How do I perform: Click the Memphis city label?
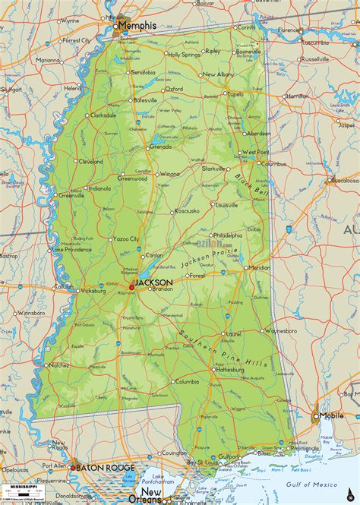(x=138, y=25)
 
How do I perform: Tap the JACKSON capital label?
(x=153, y=282)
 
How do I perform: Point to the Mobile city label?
(x=331, y=416)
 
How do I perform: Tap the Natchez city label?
(x=58, y=365)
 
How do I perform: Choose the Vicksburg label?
(x=93, y=290)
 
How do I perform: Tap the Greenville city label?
(x=71, y=195)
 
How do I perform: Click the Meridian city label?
(x=259, y=267)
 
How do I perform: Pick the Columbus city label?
(x=273, y=163)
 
